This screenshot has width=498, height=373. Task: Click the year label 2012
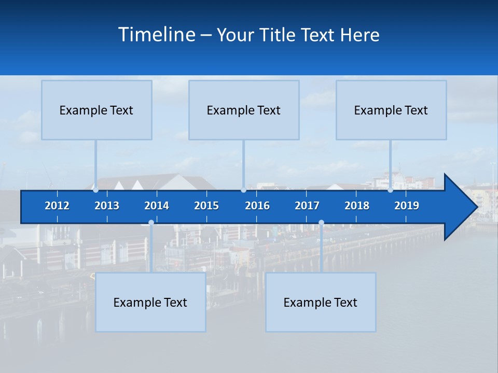coord(57,206)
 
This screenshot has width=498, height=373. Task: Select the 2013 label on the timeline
coord(107,206)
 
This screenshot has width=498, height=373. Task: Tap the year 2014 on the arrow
coord(157,206)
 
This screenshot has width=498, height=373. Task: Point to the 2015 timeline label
coord(206,206)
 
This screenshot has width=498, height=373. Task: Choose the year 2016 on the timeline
coord(257,206)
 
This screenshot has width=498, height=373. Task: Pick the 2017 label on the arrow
coord(307,206)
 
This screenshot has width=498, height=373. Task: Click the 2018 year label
coord(357,206)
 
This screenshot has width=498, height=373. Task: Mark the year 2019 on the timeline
coord(407,206)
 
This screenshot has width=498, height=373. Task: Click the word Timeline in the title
coord(157,35)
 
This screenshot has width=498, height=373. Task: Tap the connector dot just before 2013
coord(95,190)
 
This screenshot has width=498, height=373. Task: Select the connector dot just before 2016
coord(243,190)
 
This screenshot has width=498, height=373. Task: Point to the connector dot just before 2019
coord(390,190)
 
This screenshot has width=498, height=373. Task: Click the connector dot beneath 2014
coord(151,223)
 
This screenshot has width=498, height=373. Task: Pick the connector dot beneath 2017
coord(321,223)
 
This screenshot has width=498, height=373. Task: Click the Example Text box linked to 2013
coord(96,110)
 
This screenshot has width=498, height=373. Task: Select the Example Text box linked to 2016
coord(244,110)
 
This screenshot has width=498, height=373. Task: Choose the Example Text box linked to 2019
coord(391,110)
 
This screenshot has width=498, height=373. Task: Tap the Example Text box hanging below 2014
coord(150,302)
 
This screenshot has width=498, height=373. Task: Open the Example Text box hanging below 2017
coord(321,302)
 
